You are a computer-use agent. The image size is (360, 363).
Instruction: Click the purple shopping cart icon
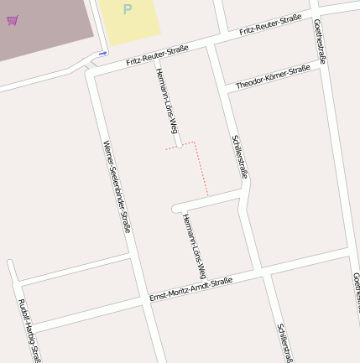coord(12,19)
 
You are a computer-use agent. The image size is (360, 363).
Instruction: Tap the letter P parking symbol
coord(127,10)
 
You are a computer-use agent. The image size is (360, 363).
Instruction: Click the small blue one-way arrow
coord(102,54)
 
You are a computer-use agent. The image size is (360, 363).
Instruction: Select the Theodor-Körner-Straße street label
coord(273,77)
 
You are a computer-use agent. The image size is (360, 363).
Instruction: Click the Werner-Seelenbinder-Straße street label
coord(117,185)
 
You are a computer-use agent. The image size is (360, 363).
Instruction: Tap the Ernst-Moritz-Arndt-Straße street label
coord(190,289)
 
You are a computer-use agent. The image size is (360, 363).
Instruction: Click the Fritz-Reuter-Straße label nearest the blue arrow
coord(157,56)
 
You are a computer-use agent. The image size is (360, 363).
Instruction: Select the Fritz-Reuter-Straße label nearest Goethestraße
coord(270,24)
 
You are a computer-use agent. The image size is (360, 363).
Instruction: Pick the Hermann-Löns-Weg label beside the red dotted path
coord(167,101)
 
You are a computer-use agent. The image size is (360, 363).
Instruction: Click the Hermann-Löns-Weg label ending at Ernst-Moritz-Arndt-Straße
coord(194,246)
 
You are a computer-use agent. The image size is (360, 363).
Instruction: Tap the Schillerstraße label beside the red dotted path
coord(239,156)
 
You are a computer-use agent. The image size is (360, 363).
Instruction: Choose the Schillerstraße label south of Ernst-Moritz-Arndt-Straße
coord(284,342)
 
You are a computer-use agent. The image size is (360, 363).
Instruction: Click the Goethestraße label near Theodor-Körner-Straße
coord(320,42)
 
